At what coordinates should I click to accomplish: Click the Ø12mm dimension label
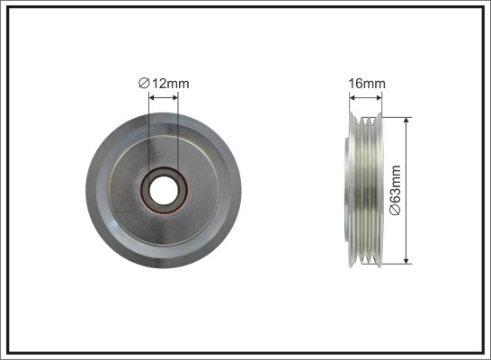click(x=164, y=84)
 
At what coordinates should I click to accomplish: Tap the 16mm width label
click(x=367, y=84)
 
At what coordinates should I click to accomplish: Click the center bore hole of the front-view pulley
click(x=164, y=189)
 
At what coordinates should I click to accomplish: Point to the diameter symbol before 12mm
click(x=143, y=84)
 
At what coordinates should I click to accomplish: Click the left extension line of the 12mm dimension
click(x=147, y=135)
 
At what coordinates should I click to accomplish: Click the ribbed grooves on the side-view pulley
click(x=370, y=189)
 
